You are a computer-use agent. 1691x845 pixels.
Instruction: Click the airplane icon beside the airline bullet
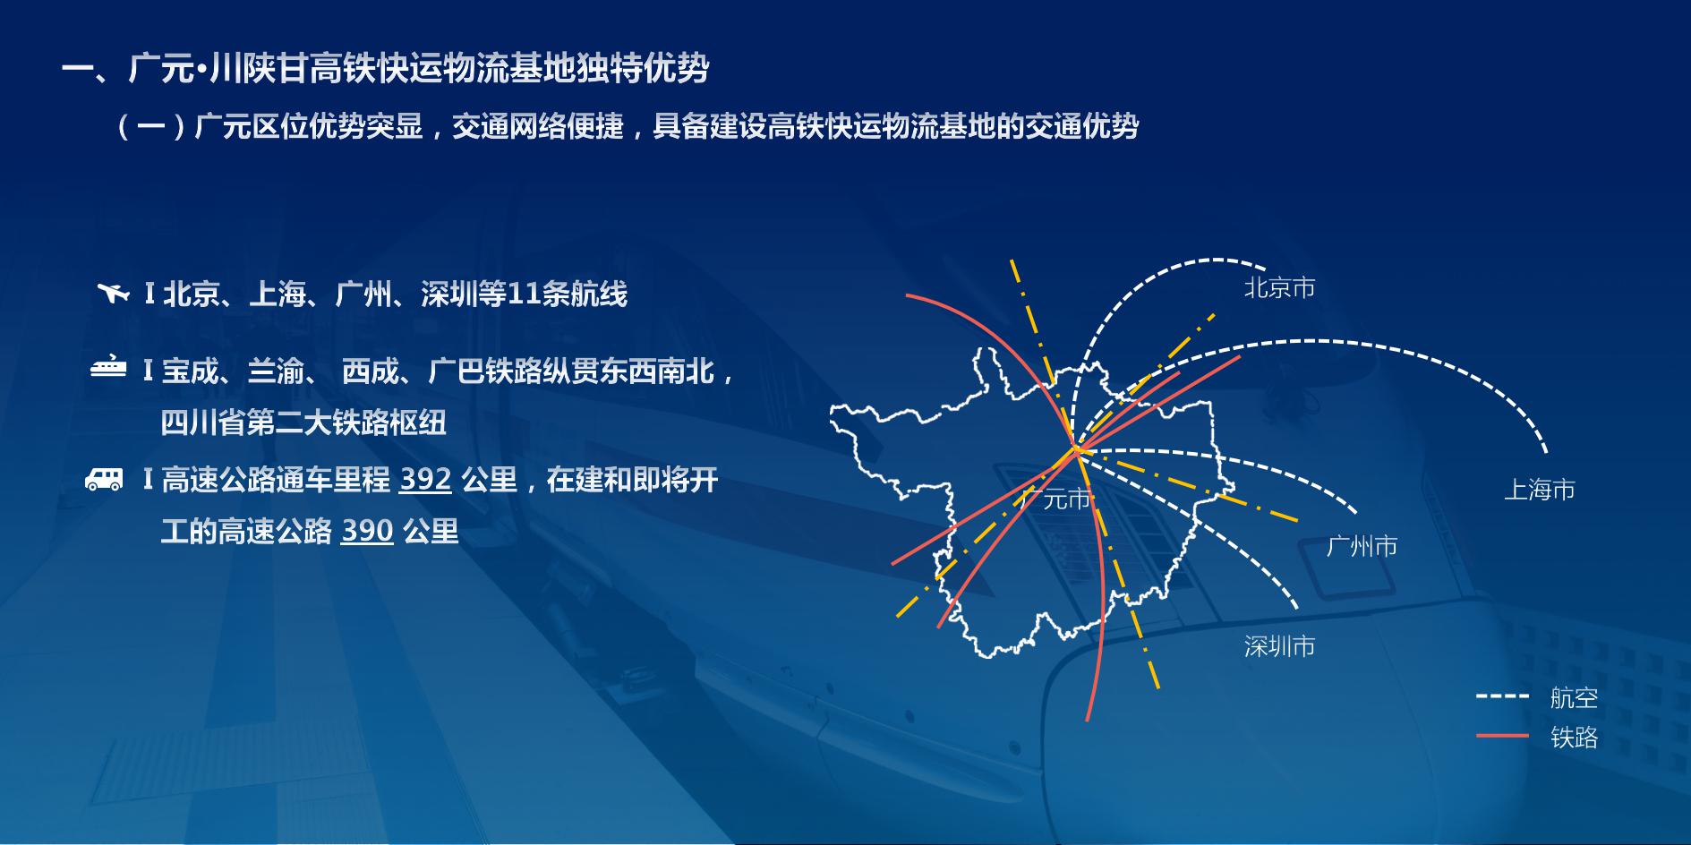[x=114, y=293]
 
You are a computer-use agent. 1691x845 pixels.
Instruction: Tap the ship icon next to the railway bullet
[x=108, y=368]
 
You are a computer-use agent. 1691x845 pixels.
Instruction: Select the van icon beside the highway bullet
[x=104, y=479]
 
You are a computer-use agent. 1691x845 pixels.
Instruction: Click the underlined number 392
[x=425, y=481]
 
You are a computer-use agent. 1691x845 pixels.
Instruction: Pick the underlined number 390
[x=367, y=532]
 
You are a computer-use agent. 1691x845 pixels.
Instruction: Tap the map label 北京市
[x=1279, y=288]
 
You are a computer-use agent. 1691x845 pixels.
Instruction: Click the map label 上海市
[x=1540, y=490]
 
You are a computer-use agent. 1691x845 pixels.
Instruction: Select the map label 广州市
[x=1362, y=546]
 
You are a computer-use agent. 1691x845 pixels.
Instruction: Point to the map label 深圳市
[x=1279, y=646]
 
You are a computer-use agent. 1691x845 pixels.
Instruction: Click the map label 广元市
[x=1056, y=499]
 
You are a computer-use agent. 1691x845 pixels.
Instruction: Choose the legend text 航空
[x=1575, y=698]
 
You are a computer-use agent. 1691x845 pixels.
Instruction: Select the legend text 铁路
[x=1575, y=738]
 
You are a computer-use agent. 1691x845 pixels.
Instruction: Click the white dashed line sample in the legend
[x=1503, y=696]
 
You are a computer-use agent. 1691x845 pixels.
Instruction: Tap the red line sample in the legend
[x=1503, y=736]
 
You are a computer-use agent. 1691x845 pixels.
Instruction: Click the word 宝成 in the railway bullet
[x=190, y=371]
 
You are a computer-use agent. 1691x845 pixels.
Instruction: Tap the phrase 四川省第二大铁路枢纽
[x=303, y=422]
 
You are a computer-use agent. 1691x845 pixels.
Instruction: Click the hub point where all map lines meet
[x=1077, y=450]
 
